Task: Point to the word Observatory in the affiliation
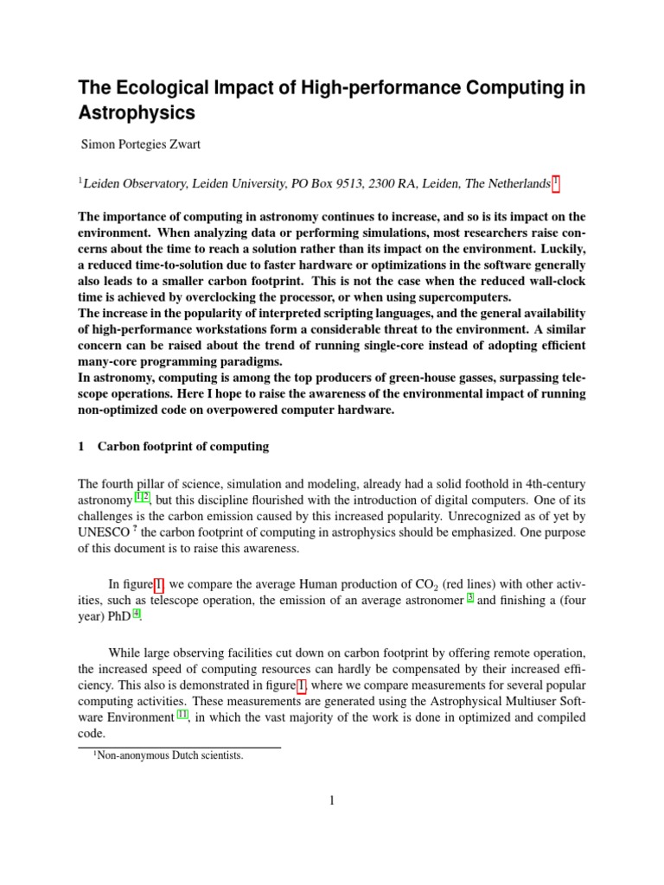coord(150,183)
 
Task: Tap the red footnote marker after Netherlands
coord(556,182)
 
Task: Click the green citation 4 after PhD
coord(136,614)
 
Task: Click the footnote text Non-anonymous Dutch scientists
coord(168,755)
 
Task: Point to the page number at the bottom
coord(331,800)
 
